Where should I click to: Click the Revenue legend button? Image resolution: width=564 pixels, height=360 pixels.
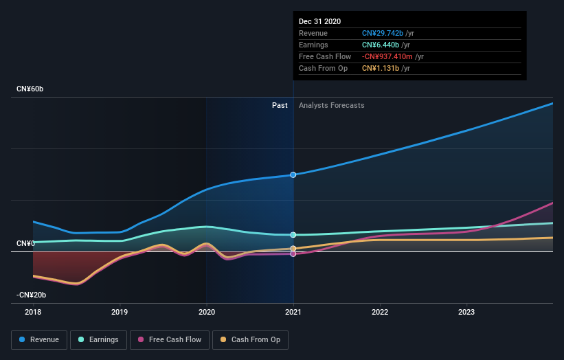[39, 339]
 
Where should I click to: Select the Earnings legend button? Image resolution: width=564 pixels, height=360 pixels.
[99, 339]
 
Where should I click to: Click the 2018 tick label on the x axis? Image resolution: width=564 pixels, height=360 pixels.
[33, 311]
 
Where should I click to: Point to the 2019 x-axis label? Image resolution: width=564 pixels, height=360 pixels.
[120, 311]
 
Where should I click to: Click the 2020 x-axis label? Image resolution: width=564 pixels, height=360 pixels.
[206, 311]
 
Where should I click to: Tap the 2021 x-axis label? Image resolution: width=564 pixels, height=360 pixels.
[293, 311]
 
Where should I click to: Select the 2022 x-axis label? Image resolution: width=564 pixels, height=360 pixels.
[380, 311]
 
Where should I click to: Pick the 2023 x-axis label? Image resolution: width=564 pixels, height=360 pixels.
[466, 311]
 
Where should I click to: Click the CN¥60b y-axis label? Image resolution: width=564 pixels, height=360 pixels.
[30, 89]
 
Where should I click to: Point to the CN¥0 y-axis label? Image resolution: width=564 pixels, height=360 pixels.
[26, 244]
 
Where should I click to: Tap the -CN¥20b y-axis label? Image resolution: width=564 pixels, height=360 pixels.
[32, 295]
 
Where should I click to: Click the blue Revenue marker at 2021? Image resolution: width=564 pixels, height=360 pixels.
[293, 175]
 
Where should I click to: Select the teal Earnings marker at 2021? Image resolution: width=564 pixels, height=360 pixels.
[293, 235]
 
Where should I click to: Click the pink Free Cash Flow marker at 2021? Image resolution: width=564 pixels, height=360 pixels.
[293, 254]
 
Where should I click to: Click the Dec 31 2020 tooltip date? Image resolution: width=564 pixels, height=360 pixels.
[319, 22]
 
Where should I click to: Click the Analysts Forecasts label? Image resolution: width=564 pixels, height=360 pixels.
[331, 105]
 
